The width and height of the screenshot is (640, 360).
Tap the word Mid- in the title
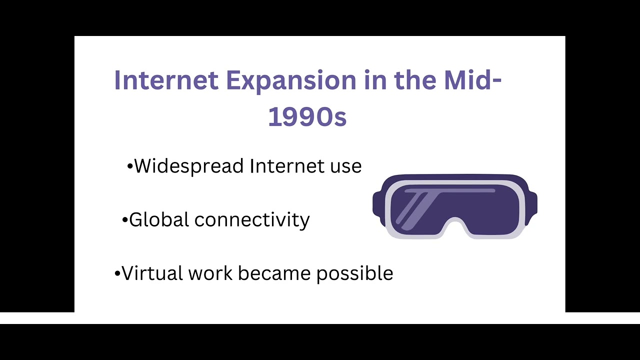(x=472, y=80)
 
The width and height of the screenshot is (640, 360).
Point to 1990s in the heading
(x=307, y=116)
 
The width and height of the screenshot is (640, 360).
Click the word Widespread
(x=189, y=166)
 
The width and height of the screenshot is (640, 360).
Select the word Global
(x=159, y=219)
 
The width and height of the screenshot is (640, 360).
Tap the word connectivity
(x=252, y=220)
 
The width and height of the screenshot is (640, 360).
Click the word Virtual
(x=152, y=273)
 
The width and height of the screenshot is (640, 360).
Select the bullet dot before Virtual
(x=117, y=274)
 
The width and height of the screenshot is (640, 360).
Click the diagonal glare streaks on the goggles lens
(x=417, y=210)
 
